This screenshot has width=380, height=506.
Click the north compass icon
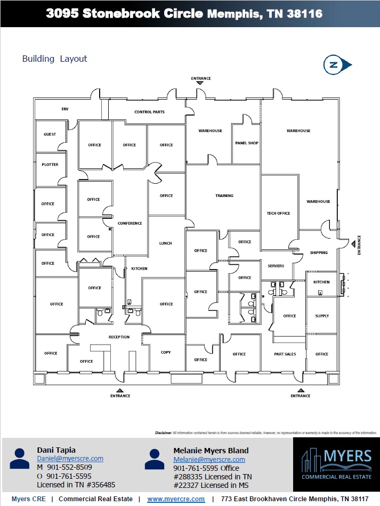pyautogui.click(x=337, y=65)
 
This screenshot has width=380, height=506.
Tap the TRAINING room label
pyautogui.click(x=224, y=195)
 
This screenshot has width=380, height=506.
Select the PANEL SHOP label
pyautogui.click(x=247, y=143)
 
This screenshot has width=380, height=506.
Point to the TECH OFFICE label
pyautogui.click(x=278, y=213)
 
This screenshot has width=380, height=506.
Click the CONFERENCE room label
pyautogui.click(x=130, y=223)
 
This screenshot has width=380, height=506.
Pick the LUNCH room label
pyautogui.click(x=166, y=243)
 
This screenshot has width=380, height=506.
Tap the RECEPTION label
pyautogui.click(x=119, y=337)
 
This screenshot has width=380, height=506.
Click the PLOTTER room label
pyautogui.click(x=50, y=165)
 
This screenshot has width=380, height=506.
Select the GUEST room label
pyautogui.click(x=50, y=134)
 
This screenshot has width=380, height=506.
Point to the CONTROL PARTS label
pyautogui.click(x=149, y=112)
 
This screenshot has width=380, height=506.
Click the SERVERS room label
pyautogui.click(x=276, y=266)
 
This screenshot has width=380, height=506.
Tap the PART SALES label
pyautogui.click(x=285, y=354)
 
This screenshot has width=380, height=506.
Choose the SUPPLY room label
pyautogui.click(x=322, y=316)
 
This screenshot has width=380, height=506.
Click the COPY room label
pyautogui.click(x=166, y=353)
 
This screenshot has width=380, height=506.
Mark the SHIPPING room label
pyautogui.click(x=319, y=252)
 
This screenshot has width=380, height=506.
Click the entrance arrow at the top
pyautogui.click(x=200, y=83)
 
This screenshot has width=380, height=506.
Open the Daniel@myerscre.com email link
pyautogui.click(x=70, y=459)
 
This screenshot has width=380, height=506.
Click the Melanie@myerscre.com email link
pyautogui.click(x=209, y=460)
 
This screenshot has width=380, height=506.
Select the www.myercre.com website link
pyautogui.click(x=176, y=499)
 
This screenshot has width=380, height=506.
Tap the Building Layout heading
pyautogui.click(x=54, y=59)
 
